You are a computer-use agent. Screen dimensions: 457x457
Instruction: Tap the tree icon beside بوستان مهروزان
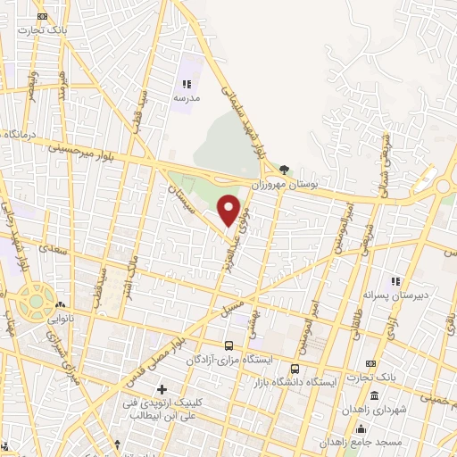click(x=284, y=169)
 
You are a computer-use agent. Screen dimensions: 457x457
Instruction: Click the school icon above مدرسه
click(x=187, y=84)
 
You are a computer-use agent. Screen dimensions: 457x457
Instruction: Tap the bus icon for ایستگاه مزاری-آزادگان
click(x=229, y=345)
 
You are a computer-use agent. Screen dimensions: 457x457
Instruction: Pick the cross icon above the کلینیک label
click(x=162, y=389)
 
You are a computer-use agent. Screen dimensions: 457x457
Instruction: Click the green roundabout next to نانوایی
click(x=35, y=301)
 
